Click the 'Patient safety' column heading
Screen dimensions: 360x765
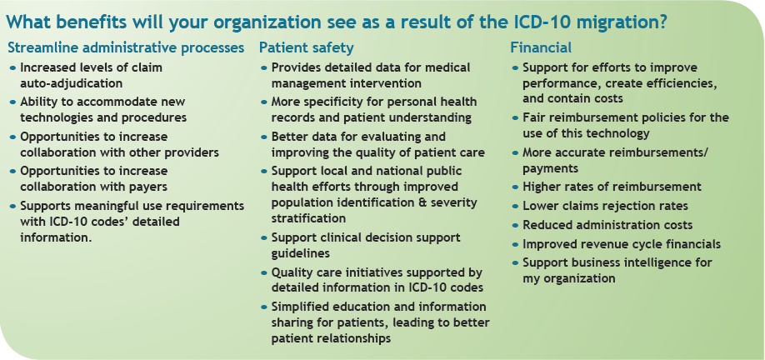(x=306, y=47)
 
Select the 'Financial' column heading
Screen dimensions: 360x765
(x=541, y=47)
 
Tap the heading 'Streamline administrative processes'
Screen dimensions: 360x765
(x=126, y=47)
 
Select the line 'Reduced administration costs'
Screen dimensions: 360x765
(x=607, y=225)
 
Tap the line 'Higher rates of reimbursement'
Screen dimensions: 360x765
(x=612, y=187)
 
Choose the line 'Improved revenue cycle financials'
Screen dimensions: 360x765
(x=622, y=243)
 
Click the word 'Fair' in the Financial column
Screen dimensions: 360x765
(x=534, y=117)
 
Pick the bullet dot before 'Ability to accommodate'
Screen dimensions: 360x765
(x=13, y=102)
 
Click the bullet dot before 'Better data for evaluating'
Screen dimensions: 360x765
(x=264, y=137)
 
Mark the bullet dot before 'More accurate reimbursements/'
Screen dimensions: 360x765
(x=515, y=153)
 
